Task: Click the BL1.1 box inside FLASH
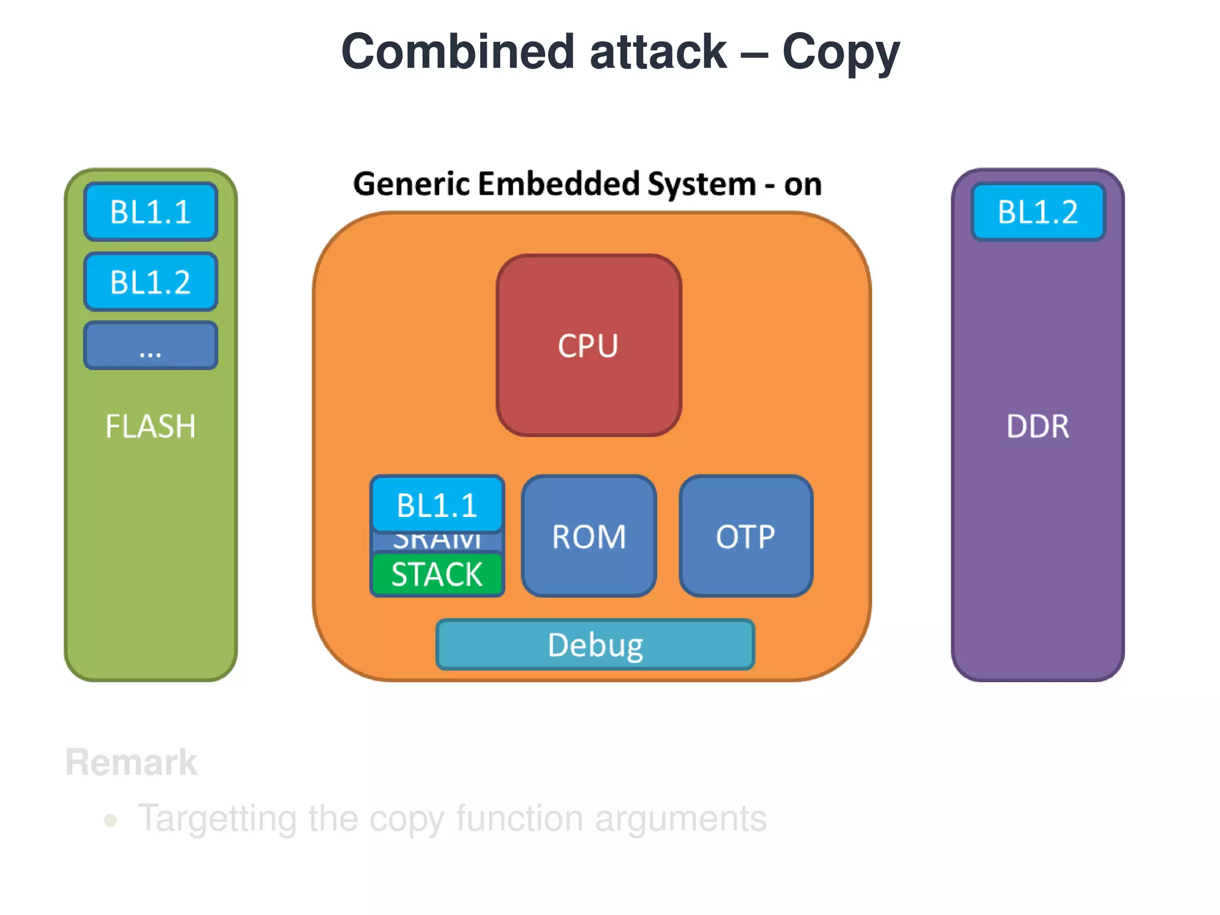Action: [150, 211]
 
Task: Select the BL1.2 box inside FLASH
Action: [150, 281]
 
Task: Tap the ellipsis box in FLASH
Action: [150, 346]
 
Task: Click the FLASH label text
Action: [150, 427]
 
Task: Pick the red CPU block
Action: [589, 346]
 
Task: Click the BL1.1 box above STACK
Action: [437, 505]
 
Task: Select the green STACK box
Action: [437, 574]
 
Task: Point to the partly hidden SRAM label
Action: [437, 541]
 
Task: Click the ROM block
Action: [589, 536]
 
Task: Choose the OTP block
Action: [745, 536]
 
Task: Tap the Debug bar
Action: [595, 645]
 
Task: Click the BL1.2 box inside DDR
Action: [1037, 211]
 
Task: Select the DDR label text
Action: [1037, 427]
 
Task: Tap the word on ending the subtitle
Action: [802, 185]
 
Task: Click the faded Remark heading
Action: [131, 762]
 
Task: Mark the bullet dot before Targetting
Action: [110, 820]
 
